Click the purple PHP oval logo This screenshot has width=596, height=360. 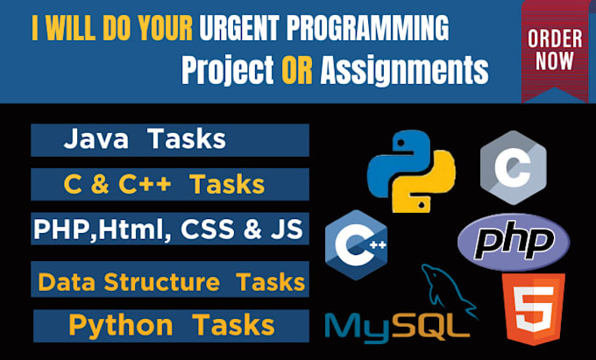(514, 240)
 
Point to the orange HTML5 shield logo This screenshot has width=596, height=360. (533, 308)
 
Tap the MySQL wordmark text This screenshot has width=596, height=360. (392, 328)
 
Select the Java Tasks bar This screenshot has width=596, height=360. (170, 140)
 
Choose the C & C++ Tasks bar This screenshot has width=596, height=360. (170, 185)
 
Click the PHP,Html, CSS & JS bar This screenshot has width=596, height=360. (170, 229)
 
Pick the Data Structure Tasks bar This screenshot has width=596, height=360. (170, 282)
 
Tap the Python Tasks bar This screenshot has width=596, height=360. (170, 326)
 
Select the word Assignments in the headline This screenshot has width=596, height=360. (404, 70)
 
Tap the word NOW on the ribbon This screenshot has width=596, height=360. (555, 62)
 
